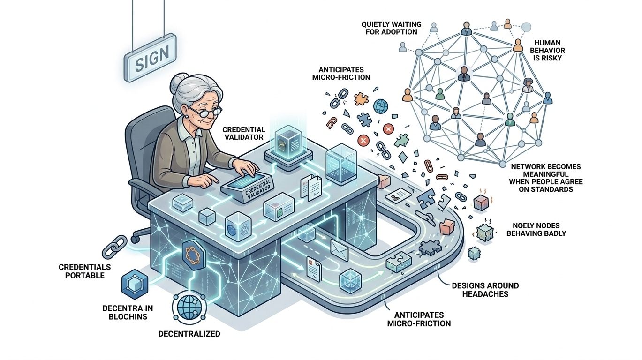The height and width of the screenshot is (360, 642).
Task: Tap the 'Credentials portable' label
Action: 84,271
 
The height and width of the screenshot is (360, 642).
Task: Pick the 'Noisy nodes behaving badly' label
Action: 536,229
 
